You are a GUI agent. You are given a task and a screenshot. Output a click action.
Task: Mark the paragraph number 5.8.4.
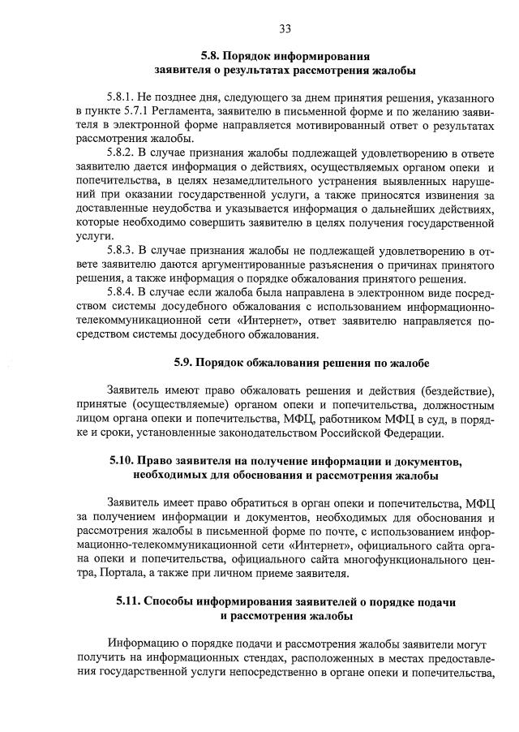tap(122, 289)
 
